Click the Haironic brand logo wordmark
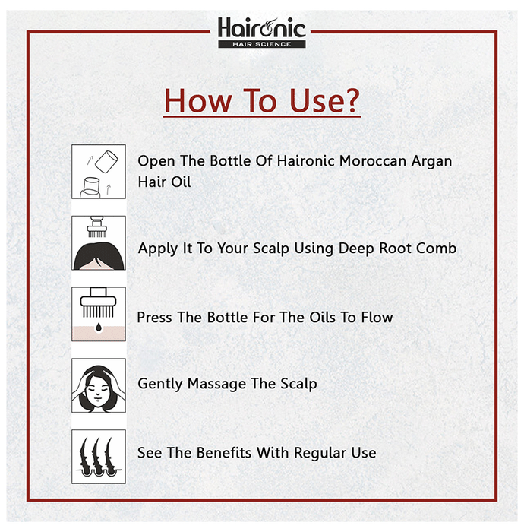(262, 28)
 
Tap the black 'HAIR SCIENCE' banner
(262, 44)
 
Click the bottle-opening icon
(99, 172)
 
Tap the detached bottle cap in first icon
(106, 161)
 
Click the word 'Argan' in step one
(431, 162)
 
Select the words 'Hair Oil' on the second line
(164, 182)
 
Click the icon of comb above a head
(99, 243)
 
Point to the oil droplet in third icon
(99, 327)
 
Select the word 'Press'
(154, 318)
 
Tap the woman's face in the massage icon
(98, 391)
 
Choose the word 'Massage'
(217, 384)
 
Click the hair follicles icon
(99, 457)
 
